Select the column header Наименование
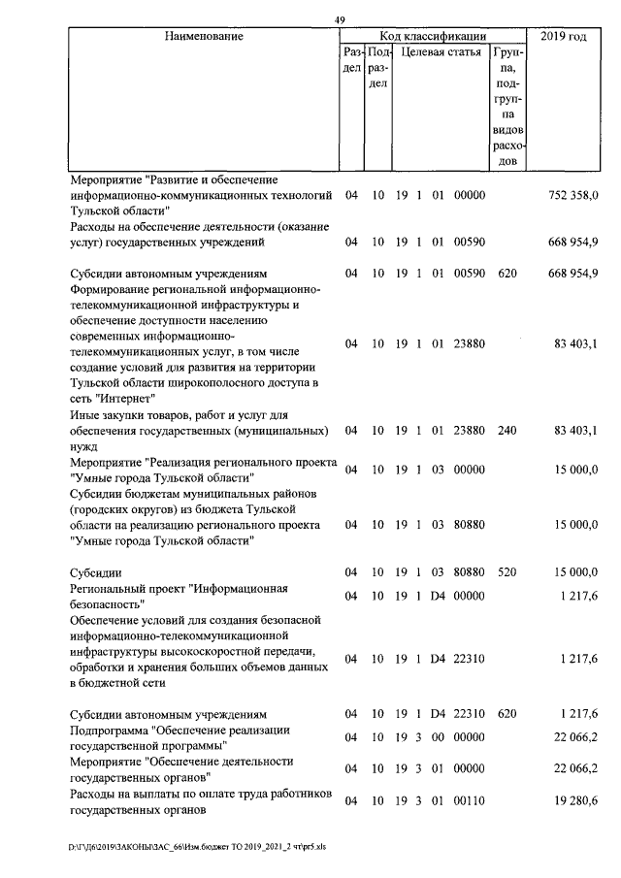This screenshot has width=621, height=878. tap(204, 36)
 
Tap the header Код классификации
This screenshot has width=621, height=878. tap(434, 36)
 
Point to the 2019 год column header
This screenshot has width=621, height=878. tap(565, 36)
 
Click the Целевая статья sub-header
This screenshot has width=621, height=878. tap(441, 52)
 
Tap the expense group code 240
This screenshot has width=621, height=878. tap(507, 429)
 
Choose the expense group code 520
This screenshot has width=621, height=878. tap(507, 572)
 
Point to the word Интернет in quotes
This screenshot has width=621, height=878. tap(131, 398)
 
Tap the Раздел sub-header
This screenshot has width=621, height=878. tap(352, 60)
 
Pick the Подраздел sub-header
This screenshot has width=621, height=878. tap(378, 68)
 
